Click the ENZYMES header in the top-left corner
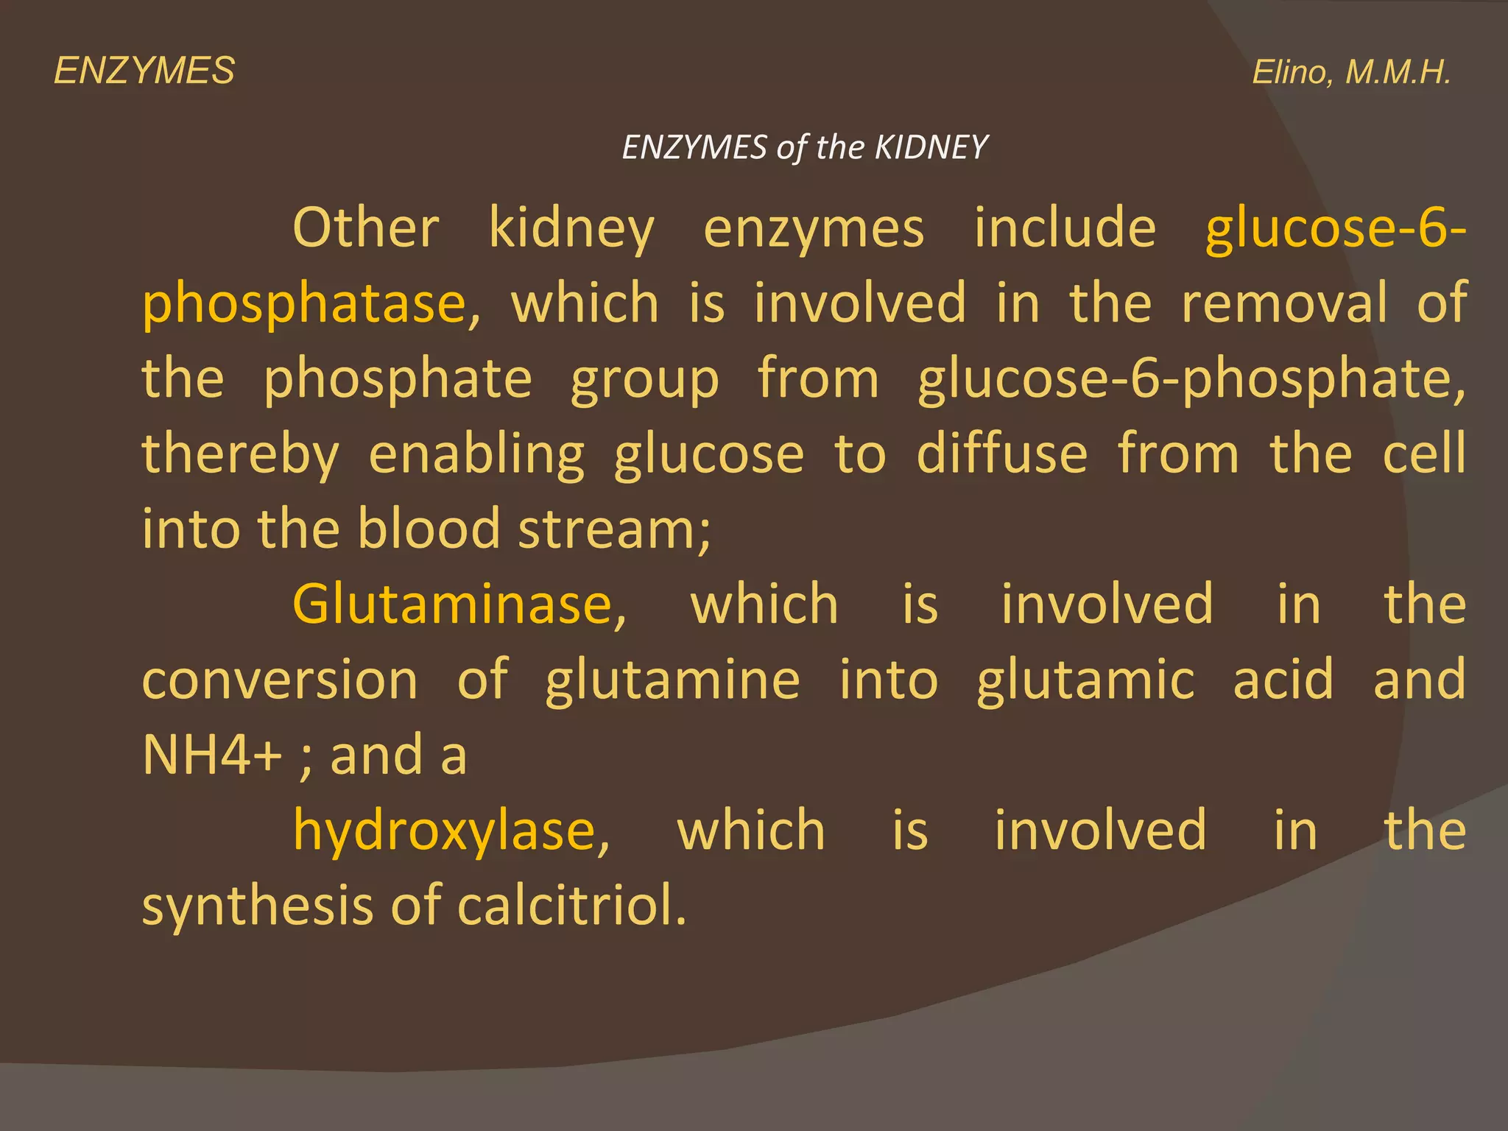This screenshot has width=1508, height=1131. [x=144, y=71]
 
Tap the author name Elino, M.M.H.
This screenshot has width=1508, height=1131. [x=1351, y=72]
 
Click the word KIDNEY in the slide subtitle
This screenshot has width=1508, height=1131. [x=931, y=147]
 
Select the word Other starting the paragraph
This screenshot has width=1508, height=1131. [x=366, y=228]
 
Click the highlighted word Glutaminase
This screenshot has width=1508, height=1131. [x=453, y=605]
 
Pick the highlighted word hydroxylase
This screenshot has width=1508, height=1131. [x=444, y=831]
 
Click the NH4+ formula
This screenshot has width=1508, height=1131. [x=212, y=755]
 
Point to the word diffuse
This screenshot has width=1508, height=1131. [x=1001, y=454]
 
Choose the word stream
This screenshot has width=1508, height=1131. [x=607, y=529]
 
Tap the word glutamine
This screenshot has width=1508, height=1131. [x=672, y=680]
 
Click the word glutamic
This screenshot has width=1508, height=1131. [x=1085, y=680]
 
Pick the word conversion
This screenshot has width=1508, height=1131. [x=280, y=680]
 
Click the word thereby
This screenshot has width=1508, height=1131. [x=240, y=454]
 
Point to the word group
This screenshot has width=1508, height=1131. [x=644, y=379]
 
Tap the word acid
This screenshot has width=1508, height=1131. [x=1283, y=680]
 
